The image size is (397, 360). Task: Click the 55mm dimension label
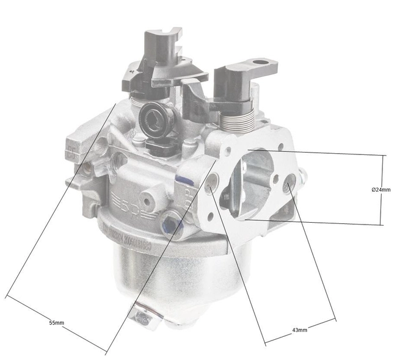56,322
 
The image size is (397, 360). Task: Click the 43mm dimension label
299,329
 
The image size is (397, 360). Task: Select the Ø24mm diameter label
381,189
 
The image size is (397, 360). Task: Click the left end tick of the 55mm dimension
7,297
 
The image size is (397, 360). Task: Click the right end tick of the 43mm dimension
335,319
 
